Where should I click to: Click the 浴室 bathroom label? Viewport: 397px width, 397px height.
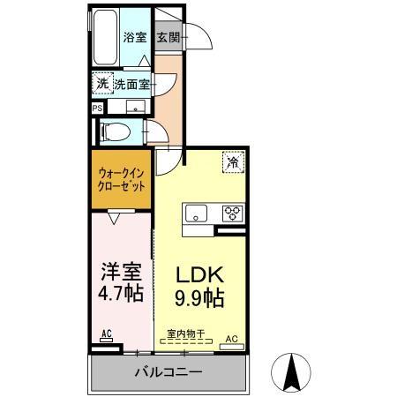click(x=134, y=38)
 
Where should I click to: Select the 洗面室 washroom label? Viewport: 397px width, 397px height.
click(x=131, y=85)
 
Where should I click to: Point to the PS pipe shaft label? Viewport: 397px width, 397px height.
click(x=96, y=109)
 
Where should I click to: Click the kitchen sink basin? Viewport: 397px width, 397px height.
click(x=195, y=213)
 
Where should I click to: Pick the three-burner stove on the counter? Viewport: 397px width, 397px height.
click(x=231, y=213)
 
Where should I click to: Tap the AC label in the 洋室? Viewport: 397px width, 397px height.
click(x=105, y=334)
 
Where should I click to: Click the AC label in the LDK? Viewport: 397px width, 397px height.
click(x=233, y=337)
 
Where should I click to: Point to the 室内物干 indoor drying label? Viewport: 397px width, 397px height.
click(x=186, y=334)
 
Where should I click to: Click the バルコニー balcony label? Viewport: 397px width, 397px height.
click(x=168, y=372)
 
